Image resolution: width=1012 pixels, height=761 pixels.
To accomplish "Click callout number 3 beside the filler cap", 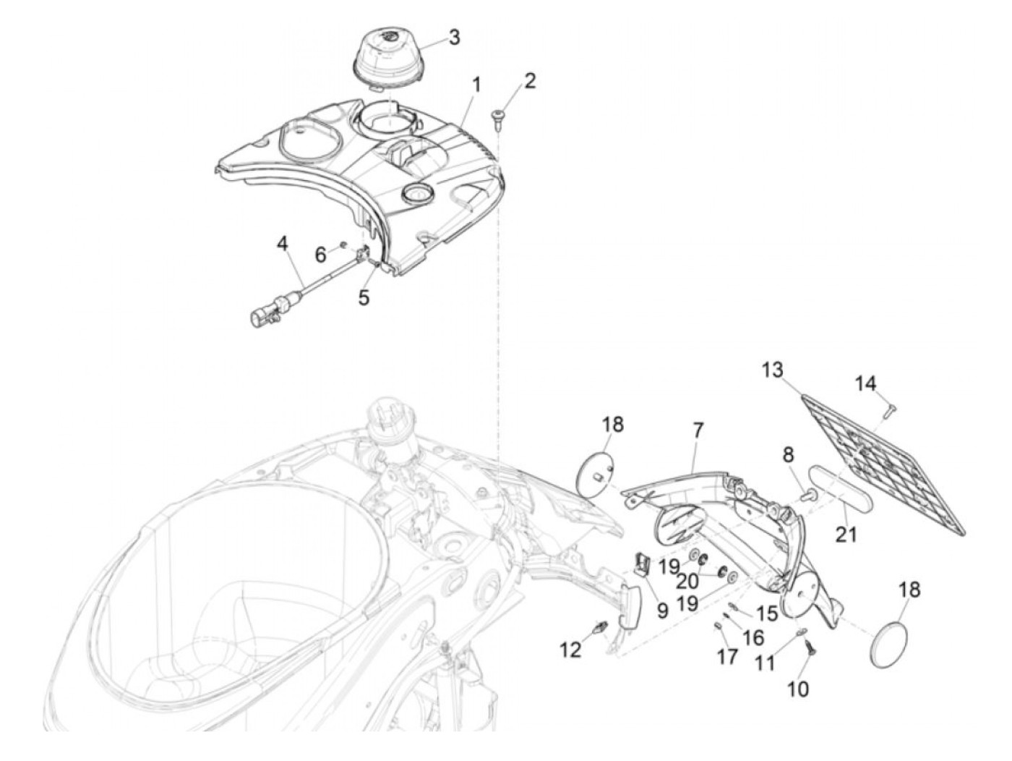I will tap(453, 38).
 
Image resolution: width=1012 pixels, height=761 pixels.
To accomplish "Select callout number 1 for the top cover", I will tap(476, 85).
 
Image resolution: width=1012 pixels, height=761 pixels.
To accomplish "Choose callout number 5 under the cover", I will tap(364, 297).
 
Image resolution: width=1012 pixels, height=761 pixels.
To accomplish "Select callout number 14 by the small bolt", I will tap(866, 383).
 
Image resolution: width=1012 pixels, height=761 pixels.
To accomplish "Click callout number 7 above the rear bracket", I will tap(697, 431).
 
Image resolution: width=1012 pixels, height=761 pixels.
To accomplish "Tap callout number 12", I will tap(570, 650).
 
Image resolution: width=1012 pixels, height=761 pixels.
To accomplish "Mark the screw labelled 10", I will tap(810, 650).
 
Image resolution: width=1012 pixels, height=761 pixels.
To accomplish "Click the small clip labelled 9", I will tap(641, 564).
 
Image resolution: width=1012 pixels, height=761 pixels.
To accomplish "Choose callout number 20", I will tap(687, 581).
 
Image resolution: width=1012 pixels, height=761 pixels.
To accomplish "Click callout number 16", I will tap(753, 637).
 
